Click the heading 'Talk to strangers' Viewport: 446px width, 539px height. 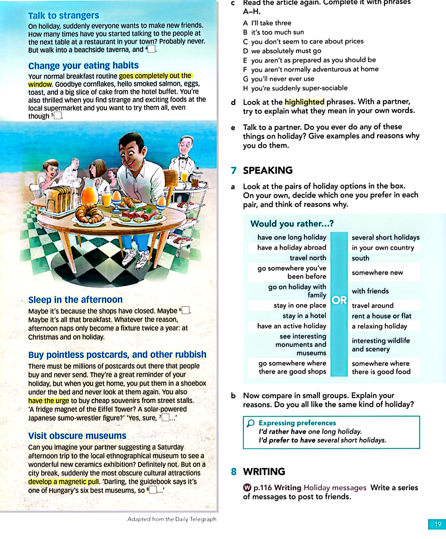pos(63,16)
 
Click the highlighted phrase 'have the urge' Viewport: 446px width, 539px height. pos(48,401)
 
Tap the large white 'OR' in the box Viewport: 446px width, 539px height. pos(339,300)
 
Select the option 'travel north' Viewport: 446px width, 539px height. pos(308,258)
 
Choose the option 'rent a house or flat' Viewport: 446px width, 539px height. pos(381,316)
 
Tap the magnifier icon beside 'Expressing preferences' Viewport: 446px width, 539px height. pos(251,423)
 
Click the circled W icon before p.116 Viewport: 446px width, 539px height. pos(247,487)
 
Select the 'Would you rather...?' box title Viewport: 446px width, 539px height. pos(292,224)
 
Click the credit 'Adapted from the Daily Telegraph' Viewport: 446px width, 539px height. pos(172,519)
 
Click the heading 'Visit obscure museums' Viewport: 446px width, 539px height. pos(77,436)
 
